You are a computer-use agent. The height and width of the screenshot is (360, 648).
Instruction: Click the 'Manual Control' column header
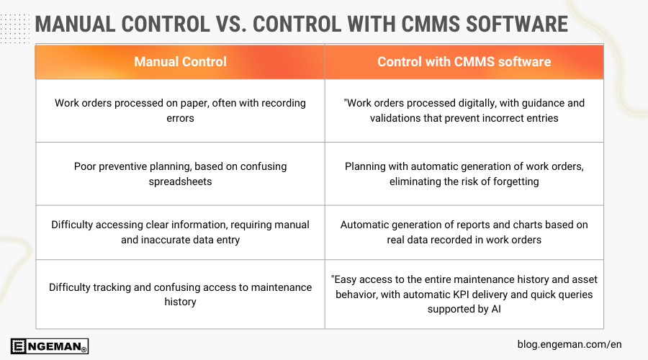click(180, 62)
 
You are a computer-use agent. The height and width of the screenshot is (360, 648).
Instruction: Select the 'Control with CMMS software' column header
click(464, 62)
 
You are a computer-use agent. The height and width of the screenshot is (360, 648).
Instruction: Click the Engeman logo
click(50, 346)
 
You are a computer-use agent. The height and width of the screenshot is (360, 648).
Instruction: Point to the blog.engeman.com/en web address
click(569, 344)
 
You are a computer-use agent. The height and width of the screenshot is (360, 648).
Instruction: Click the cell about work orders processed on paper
click(180, 110)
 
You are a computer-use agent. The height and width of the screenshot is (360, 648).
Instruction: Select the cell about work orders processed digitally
click(464, 110)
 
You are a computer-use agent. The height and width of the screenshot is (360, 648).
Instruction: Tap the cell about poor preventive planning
click(180, 174)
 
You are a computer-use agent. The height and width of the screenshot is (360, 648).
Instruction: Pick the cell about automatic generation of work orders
click(464, 174)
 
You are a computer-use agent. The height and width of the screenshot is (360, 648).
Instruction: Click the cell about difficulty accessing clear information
click(180, 232)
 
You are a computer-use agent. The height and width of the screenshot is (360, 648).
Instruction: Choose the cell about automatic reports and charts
click(464, 232)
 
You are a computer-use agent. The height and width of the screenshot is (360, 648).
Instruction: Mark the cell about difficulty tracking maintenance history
click(180, 294)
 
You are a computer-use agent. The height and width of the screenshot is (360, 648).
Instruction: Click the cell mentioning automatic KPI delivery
click(464, 294)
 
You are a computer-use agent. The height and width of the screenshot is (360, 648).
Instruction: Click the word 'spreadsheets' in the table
click(180, 181)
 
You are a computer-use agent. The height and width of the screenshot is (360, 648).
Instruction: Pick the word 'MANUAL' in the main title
click(78, 23)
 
